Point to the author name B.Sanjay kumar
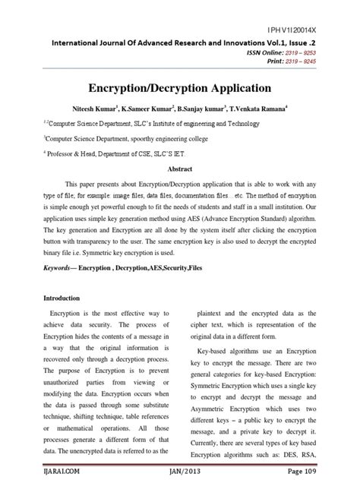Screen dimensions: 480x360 click(218, 110)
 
